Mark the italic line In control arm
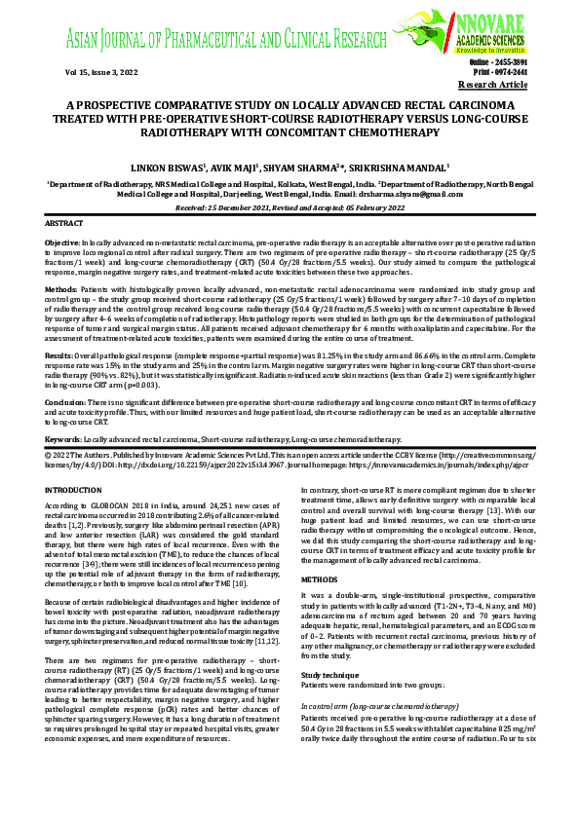(331, 677)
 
